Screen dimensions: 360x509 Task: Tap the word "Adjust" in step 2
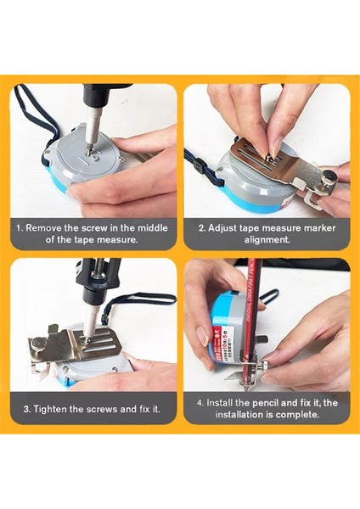pyautogui.click(x=222, y=228)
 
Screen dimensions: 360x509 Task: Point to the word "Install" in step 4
pyautogui.click(x=219, y=403)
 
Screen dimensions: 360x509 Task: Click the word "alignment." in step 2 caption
pyautogui.click(x=267, y=240)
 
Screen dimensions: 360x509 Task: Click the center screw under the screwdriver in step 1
pyautogui.click(x=88, y=150)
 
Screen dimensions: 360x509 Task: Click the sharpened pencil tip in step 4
pyautogui.click(x=247, y=388)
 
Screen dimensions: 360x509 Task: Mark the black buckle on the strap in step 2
pyautogui.click(x=198, y=165)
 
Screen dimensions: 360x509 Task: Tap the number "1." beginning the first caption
pyautogui.click(x=20, y=228)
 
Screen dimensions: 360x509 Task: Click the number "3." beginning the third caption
pyautogui.click(x=27, y=409)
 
